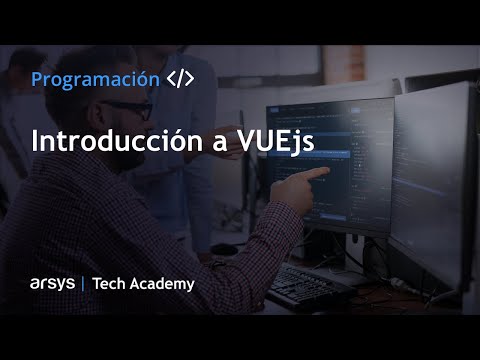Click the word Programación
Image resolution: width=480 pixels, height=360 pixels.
pos(95,79)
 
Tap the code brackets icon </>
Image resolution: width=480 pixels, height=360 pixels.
pos(180,79)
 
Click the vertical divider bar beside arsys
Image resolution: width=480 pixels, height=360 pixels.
pos(82,284)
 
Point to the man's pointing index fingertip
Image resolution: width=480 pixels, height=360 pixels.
pos(327,171)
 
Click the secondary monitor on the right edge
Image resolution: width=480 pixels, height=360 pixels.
pos(432,180)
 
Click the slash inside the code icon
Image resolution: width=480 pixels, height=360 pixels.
pos(180,79)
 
